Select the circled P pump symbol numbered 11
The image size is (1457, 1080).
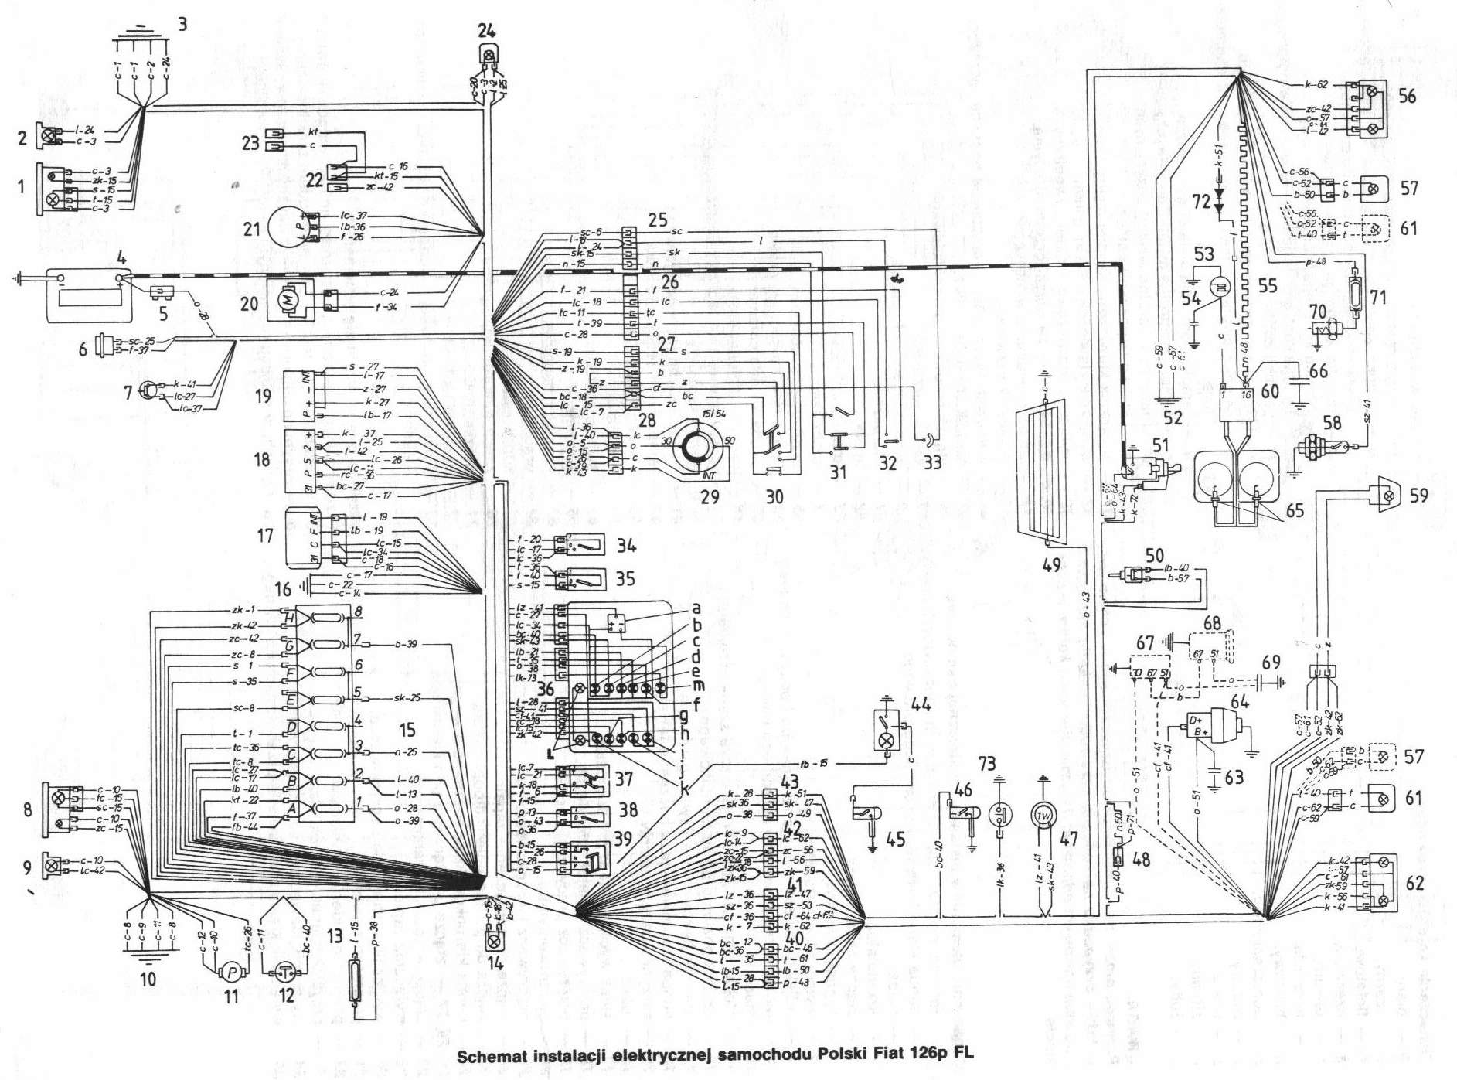231,972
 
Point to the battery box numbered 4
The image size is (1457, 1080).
89,295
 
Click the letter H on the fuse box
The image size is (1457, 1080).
289,618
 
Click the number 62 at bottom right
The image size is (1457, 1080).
1414,883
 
